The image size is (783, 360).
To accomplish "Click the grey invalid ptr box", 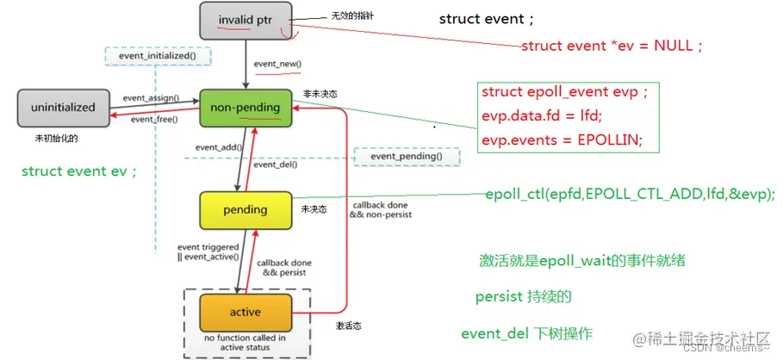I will coord(245,20).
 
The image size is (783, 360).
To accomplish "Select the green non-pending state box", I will coord(245,108).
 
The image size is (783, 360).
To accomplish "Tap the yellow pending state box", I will coord(245,209).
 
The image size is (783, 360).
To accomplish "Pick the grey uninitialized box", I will coord(63,109).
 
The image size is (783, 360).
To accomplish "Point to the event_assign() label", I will coord(151,98).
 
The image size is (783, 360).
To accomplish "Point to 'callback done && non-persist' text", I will coord(382,209).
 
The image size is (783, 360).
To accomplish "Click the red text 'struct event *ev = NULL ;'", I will coord(612,46).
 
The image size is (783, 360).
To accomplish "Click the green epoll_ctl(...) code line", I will coord(630,194).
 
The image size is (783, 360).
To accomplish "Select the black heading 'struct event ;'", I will coord(486,19).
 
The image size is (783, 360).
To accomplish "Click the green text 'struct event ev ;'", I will coord(79,171).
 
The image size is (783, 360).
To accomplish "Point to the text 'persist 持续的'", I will coord(524,296).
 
